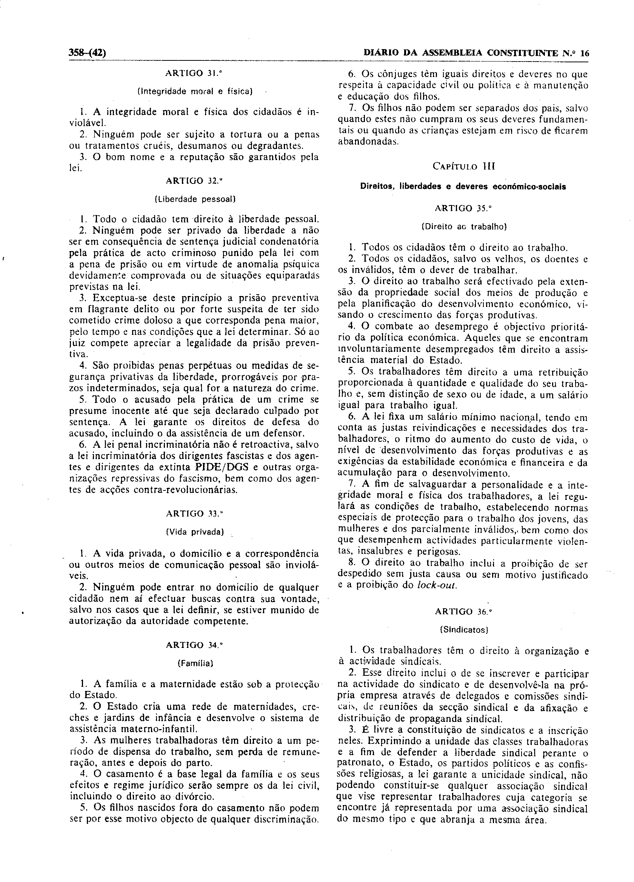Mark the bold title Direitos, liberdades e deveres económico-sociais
[463, 186]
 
